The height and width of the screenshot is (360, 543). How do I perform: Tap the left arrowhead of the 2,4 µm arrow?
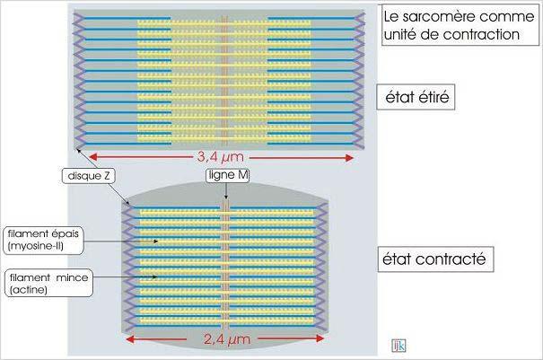(128, 340)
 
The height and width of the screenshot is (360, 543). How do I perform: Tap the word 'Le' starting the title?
(391, 16)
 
